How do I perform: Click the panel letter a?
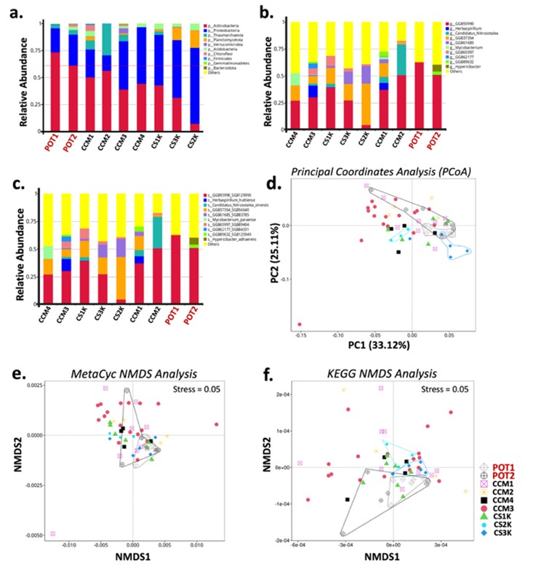pyautogui.click(x=10, y=9)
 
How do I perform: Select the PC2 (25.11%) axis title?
pyautogui.click(x=300, y=252)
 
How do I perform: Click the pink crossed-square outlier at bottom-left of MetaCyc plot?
pyautogui.click(x=52, y=533)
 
